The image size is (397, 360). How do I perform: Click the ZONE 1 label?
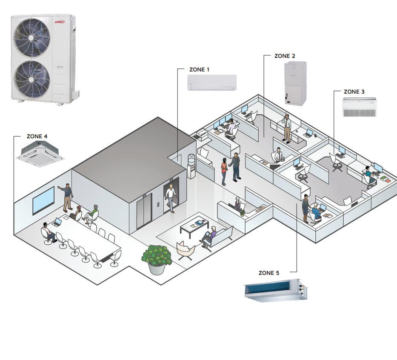click(x=199, y=69)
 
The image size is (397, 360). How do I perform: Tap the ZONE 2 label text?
click(x=285, y=56)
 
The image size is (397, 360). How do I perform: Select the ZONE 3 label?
click(x=354, y=91)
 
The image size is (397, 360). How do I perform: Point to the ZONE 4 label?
click(x=37, y=137)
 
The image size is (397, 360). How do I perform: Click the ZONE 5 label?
click(x=269, y=272)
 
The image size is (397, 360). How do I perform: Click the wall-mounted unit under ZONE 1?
click(x=212, y=82)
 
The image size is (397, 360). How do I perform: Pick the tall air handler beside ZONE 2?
click(x=295, y=83)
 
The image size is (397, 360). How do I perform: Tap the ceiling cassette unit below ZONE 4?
click(x=40, y=153)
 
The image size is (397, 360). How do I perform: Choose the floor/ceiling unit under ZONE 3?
click(x=360, y=107)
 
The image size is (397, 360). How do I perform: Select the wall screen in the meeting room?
click(x=43, y=200)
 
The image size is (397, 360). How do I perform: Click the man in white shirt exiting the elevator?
click(x=171, y=198)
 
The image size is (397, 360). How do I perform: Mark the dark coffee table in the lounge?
click(x=194, y=226)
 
